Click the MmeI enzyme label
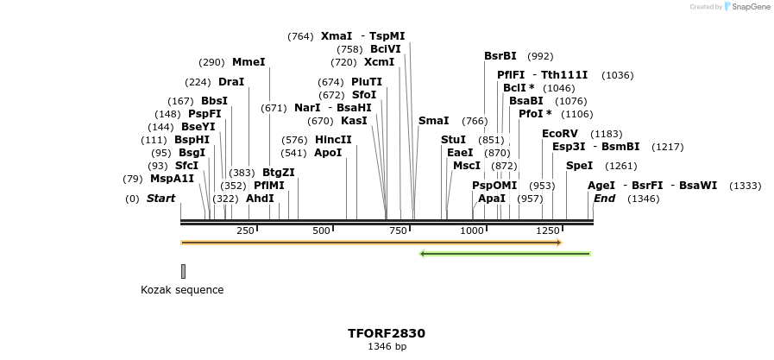249,62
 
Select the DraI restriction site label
231,82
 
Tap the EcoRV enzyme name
559,134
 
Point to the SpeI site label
579,166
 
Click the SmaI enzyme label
433,121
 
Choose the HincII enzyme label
333,140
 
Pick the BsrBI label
500,56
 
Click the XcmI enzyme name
379,62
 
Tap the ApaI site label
492,199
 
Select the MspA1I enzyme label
172,179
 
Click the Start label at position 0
160,199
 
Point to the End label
604,199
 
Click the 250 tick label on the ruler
245,231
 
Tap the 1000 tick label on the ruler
472,231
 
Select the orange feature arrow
371,243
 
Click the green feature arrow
505,254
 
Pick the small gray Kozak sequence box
183,271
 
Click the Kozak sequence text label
182,290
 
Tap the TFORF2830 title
387,333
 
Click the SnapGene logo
747,7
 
